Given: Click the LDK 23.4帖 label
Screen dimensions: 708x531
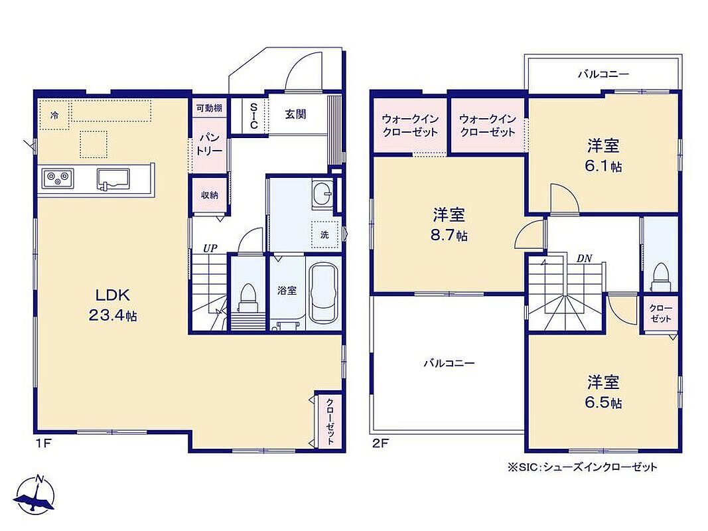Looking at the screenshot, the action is click(112, 305).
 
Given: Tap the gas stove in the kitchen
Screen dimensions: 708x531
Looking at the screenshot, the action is click(58, 179).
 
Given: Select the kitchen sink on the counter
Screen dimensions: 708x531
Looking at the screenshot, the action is click(113, 179).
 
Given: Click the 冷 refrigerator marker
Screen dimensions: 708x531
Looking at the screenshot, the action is click(54, 115).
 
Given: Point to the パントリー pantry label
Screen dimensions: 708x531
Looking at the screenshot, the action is click(209, 143).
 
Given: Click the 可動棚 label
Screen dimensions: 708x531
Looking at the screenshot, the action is click(209, 108).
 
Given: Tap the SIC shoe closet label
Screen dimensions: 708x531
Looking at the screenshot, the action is click(253, 115).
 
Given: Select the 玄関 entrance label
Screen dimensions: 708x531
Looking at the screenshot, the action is click(295, 114).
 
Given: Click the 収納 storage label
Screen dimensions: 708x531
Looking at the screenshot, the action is click(210, 195).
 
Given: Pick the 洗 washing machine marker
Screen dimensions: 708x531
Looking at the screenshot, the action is click(324, 235).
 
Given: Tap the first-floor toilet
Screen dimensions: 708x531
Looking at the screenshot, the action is click(248, 298).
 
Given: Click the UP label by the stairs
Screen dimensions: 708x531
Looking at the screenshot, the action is click(210, 248).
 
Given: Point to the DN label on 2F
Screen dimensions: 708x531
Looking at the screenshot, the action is click(585, 259).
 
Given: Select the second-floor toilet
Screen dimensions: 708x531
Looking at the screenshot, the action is click(661, 277).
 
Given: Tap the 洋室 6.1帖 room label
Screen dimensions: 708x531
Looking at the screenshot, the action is click(603, 156).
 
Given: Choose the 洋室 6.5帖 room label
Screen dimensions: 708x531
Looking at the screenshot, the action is click(603, 392).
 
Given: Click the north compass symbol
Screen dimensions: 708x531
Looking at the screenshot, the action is click(36, 494).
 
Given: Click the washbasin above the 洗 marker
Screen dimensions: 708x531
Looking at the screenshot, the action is click(322, 195).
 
